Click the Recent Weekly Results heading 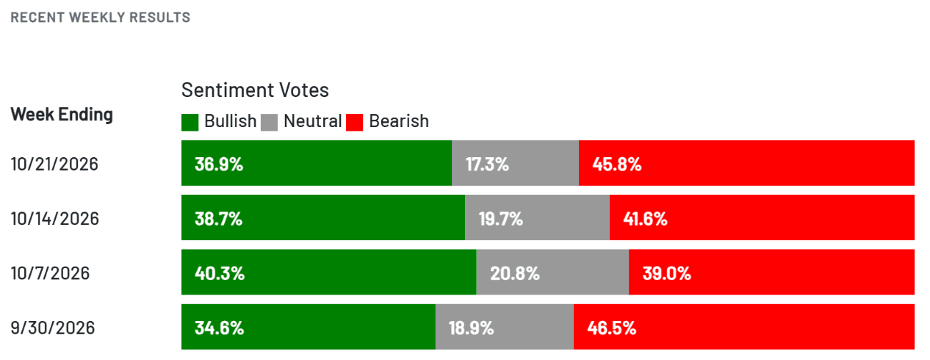click(101, 18)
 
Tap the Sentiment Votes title click(255, 90)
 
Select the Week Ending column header click(62, 115)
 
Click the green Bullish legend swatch click(190, 123)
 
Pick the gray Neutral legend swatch click(269, 123)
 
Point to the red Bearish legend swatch click(355, 123)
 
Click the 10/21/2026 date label click(54, 164)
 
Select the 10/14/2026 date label click(55, 219)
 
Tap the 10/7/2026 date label click(50, 273)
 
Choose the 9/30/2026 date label click(53, 328)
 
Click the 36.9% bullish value click(219, 164)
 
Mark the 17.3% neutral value click(487, 164)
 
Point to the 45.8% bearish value click(617, 164)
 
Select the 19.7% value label click(501, 219)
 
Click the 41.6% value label click(645, 219)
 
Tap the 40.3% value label click(220, 273)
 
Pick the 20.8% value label click(515, 273)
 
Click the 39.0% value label click(667, 273)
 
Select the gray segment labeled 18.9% click(505, 327)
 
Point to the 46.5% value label click(612, 328)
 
